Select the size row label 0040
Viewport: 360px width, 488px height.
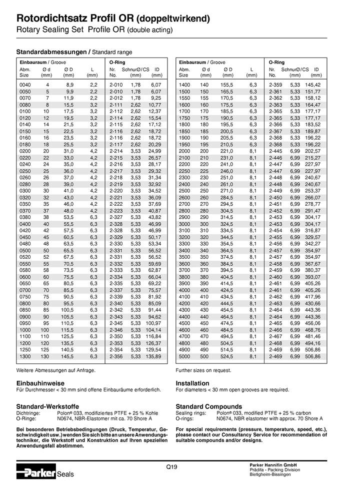[x=25, y=85]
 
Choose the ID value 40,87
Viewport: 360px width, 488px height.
[x=154, y=211]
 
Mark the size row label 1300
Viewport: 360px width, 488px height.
[x=25, y=356]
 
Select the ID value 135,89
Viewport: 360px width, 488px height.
[x=153, y=356]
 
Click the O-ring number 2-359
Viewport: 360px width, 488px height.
[x=276, y=85]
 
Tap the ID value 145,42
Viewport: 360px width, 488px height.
[x=313, y=85]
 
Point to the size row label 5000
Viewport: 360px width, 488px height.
[x=184, y=356]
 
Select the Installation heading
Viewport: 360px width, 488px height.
[x=192, y=383]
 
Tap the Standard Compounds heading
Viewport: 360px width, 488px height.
[x=208, y=407]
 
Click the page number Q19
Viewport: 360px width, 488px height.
[x=171, y=467]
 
